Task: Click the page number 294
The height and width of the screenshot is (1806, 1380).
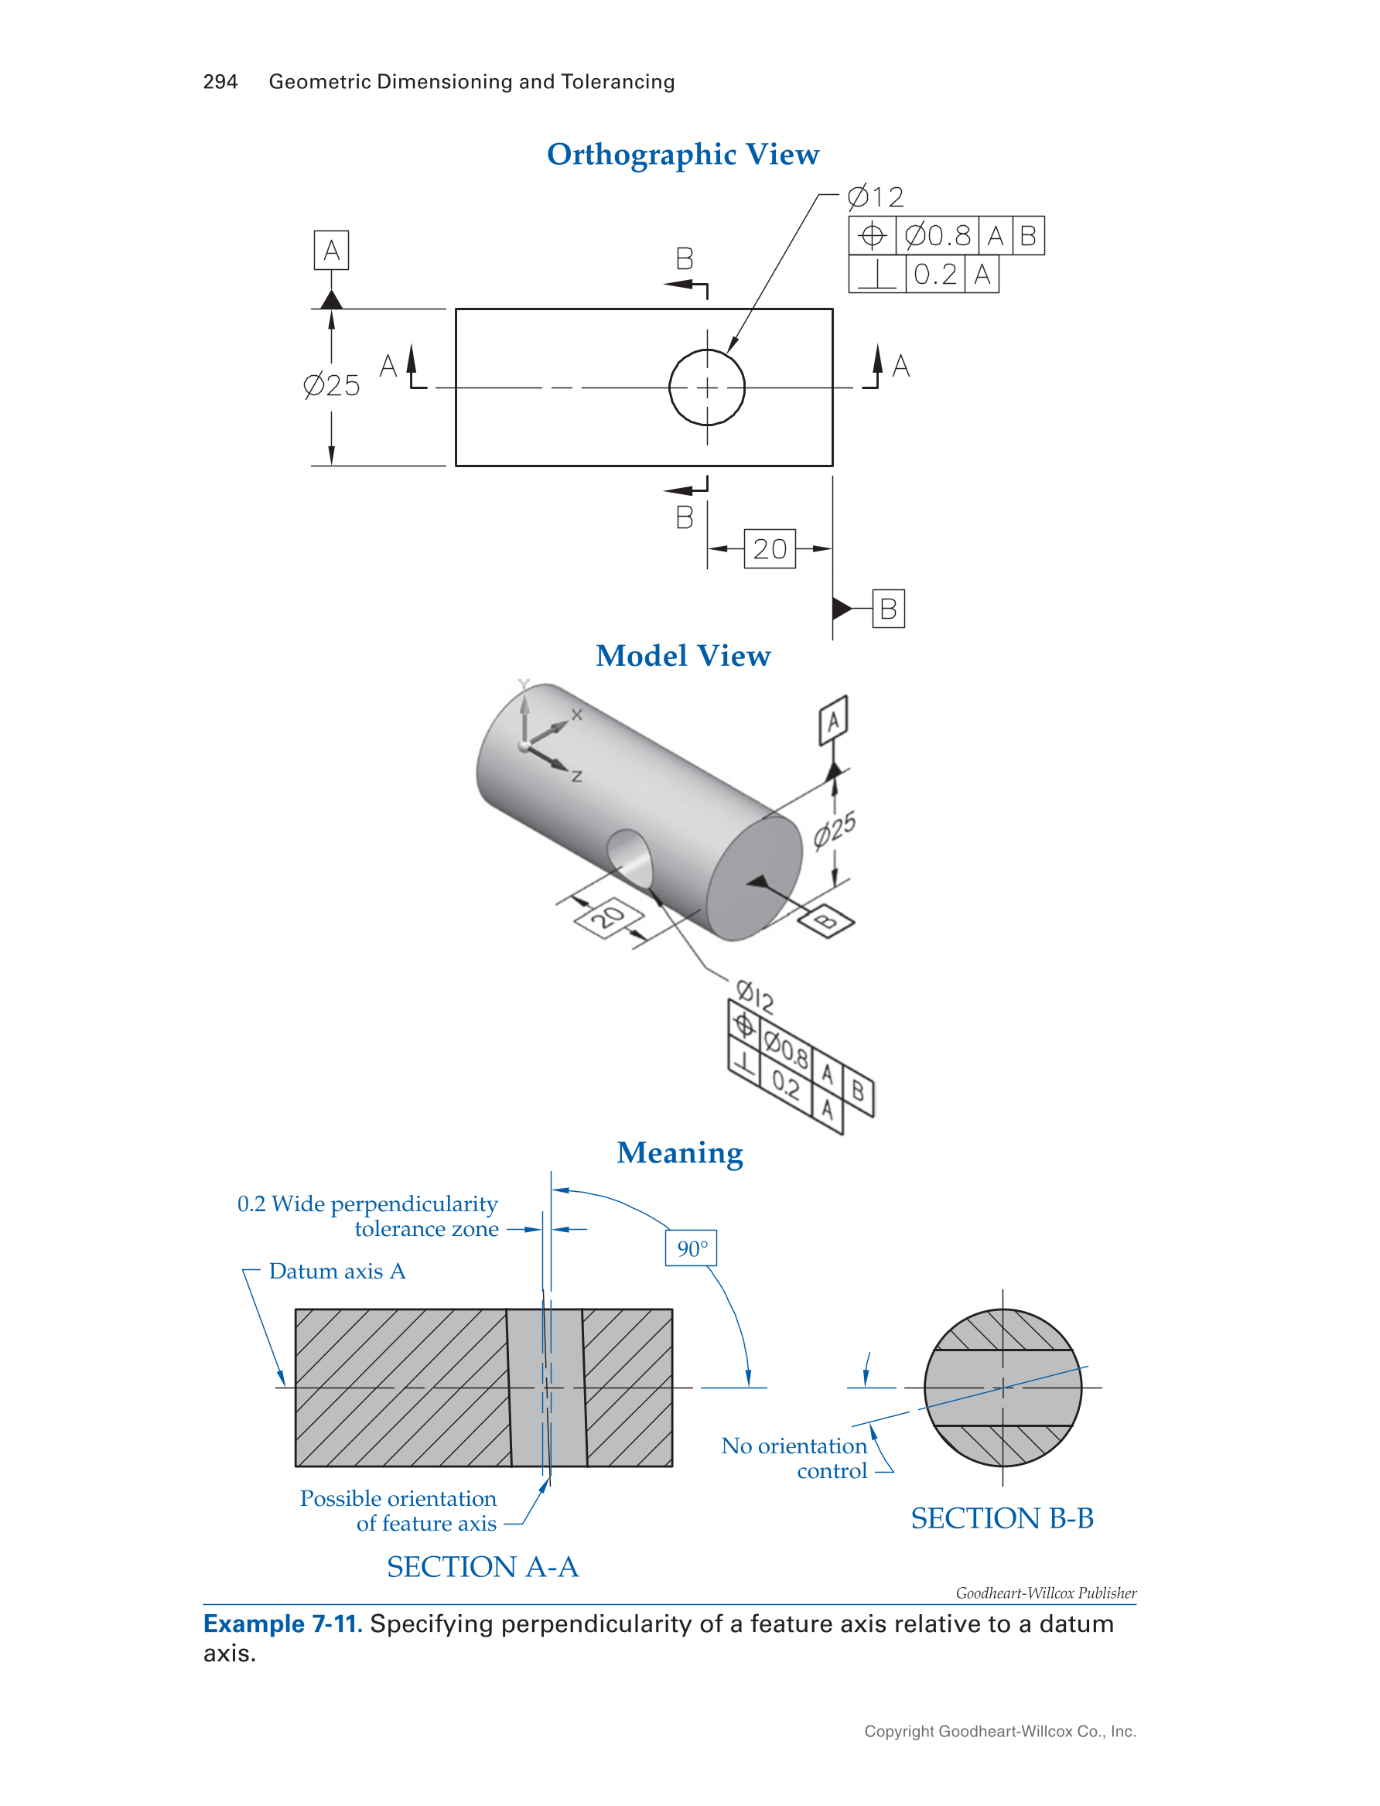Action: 220,82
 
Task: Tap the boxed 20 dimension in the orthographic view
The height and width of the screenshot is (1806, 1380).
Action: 770,548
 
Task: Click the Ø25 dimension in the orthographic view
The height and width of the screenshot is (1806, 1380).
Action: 331,385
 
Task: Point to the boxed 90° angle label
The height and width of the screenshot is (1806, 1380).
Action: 691,1248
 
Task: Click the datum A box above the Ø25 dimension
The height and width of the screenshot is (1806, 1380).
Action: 331,250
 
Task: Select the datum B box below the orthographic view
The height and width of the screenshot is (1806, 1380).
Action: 888,609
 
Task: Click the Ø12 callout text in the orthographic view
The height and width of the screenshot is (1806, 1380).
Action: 876,197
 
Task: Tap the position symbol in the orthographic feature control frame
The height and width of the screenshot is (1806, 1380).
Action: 872,236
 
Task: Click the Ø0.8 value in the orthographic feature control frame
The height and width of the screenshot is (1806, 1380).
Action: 938,236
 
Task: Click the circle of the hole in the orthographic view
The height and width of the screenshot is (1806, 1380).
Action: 706,350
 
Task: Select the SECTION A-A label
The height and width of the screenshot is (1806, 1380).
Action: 483,1566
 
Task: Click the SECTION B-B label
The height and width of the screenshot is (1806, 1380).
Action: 1003,1518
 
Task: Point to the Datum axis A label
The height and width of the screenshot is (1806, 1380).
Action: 337,1272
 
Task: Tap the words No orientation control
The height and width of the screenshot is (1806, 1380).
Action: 794,1458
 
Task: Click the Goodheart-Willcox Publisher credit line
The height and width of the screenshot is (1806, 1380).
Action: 1046,1593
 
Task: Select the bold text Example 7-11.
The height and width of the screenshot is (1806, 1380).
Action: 282,1623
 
